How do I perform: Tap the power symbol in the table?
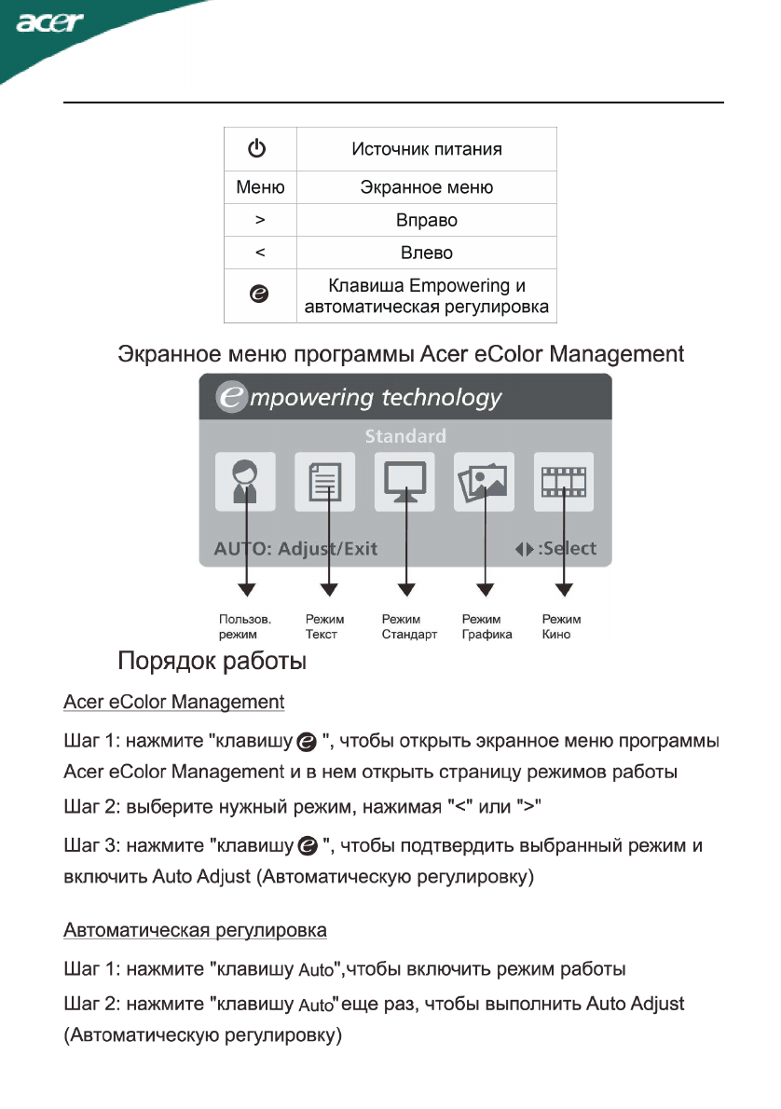(x=259, y=148)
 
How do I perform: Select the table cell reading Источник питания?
(x=426, y=149)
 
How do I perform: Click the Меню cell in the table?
(x=260, y=187)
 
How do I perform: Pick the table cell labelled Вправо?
(x=426, y=221)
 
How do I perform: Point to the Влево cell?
(x=426, y=253)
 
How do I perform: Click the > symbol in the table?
(x=260, y=221)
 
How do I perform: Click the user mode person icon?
(x=245, y=482)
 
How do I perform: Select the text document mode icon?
(x=325, y=482)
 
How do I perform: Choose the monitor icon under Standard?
(x=405, y=482)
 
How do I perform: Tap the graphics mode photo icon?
(x=484, y=482)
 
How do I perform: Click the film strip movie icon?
(x=563, y=482)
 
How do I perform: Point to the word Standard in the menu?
(x=405, y=436)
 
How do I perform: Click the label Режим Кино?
(x=561, y=626)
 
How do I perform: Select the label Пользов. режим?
(x=245, y=626)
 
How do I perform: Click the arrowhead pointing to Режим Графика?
(x=485, y=590)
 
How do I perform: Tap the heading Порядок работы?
(x=212, y=664)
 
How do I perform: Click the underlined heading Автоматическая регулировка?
(x=195, y=930)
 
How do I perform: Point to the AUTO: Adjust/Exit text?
(x=295, y=548)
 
